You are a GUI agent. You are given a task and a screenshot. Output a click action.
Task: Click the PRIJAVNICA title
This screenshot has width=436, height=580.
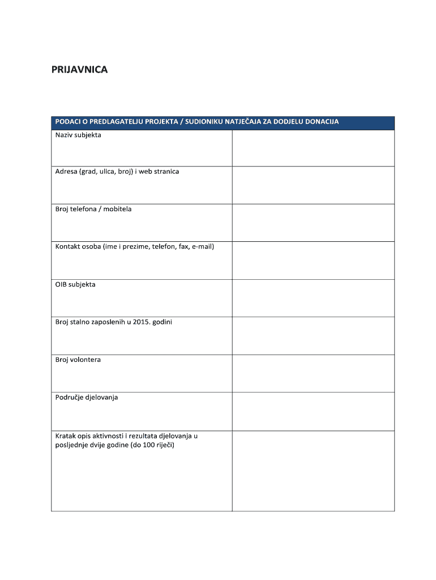click(x=79, y=70)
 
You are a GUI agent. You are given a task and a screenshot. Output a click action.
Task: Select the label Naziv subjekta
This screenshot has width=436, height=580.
click(x=78, y=135)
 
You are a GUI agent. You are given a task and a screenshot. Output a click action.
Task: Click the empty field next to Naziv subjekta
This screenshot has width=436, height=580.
click(x=313, y=148)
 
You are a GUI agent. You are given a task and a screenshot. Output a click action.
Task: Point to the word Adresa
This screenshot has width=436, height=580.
click(x=66, y=172)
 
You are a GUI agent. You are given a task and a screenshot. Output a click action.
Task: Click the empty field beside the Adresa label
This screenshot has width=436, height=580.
click(x=313, y=185)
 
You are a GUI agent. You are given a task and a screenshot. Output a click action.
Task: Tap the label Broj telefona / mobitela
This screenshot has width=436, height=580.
click(x=93, y=209)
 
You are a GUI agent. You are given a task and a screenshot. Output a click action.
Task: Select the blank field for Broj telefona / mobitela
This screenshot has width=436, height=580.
click(x=313, y=223)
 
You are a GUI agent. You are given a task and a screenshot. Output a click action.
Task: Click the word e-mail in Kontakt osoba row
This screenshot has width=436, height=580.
click(x=202, y=247)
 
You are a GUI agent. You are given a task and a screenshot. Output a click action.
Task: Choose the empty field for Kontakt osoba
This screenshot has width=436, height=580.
click(x=313, y=261)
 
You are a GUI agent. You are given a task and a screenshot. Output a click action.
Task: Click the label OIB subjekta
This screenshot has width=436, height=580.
click(x=75, y=284)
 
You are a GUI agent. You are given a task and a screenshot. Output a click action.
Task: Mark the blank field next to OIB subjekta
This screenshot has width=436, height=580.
click(x=313, y=298)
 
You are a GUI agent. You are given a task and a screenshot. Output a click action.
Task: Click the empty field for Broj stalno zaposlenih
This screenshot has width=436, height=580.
click(x=313, y=336)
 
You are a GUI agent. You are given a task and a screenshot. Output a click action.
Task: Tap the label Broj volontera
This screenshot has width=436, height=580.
click(x=78, y=360)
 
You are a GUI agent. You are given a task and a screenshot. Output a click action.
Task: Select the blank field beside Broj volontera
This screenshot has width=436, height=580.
click(x=313, y=373)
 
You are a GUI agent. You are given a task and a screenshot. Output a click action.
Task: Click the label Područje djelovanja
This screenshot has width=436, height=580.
click(x=87, y=398)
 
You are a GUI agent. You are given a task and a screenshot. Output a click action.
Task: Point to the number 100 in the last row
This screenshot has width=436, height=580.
click(x=148, y=445)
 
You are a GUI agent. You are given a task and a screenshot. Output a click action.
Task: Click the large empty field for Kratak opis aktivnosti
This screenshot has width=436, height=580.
click(x=313, y=471)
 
